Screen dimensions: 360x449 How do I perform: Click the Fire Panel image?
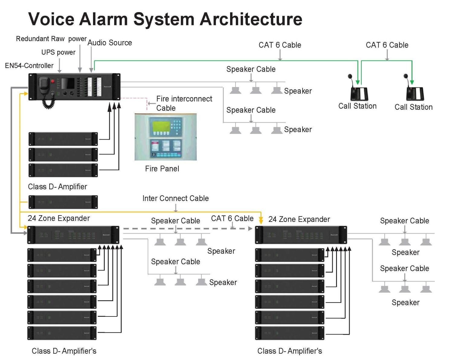[165, 137]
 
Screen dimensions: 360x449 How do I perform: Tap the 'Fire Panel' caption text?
[162, 169]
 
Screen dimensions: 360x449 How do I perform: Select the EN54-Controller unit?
[74, 87]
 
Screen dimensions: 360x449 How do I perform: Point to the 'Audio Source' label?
[110, 43]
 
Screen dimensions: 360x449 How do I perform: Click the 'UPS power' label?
[58, 52]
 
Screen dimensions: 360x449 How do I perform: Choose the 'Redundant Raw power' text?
[51, 39]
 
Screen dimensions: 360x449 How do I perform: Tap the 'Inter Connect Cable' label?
[175, 198]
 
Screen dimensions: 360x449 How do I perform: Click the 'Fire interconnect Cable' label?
[184, 103]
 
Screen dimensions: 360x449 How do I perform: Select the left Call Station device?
[358, 90]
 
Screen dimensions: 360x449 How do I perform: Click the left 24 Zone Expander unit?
[73, 235]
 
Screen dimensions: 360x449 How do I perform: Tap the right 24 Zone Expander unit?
[301, 235]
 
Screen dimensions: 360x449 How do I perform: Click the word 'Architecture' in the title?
[251, 19]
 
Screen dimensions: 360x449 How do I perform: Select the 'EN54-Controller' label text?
[29, 66]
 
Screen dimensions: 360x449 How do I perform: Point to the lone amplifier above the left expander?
[63, 202]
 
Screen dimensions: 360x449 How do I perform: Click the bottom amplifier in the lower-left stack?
[62, 333]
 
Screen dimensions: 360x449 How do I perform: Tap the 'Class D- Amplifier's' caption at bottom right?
[290, 351]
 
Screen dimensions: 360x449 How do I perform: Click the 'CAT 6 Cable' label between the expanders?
[232, 218]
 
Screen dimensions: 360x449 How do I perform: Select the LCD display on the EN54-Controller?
[68, 83]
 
